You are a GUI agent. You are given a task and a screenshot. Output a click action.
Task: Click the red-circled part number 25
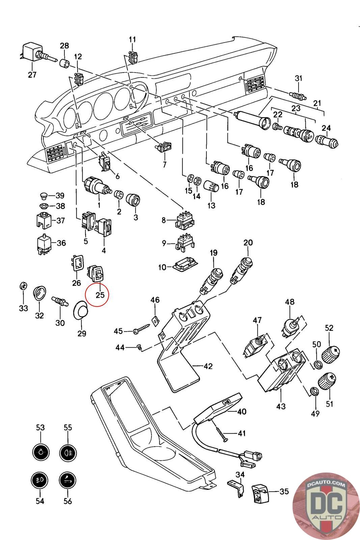pos(100,295)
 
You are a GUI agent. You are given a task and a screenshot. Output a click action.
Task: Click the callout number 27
pos(32,75)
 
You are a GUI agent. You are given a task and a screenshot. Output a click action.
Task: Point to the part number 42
pos(208,366)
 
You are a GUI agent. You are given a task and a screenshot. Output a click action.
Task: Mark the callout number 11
pos(132,39)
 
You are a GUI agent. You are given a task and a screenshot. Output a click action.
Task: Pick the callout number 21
pos(317,103)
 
